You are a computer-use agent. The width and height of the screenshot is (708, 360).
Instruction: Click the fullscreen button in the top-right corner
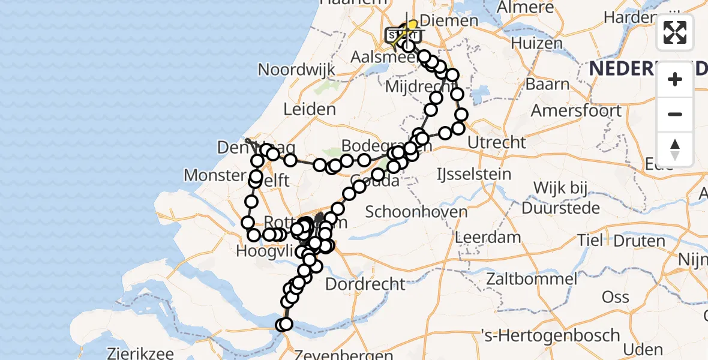(675, 32)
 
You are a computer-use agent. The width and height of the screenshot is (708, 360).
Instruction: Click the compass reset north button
(675, 149)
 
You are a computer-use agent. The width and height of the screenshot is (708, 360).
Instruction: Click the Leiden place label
(310, 109)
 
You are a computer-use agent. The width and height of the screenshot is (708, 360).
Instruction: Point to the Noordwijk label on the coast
(296, 69)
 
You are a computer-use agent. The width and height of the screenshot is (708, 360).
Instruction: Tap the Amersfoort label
(576, 111)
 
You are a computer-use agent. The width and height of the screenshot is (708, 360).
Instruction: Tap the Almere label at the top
(524, 8)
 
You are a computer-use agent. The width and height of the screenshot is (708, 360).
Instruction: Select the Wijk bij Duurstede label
(560, 198)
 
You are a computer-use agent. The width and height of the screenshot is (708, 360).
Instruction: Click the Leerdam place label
(488, 236)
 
